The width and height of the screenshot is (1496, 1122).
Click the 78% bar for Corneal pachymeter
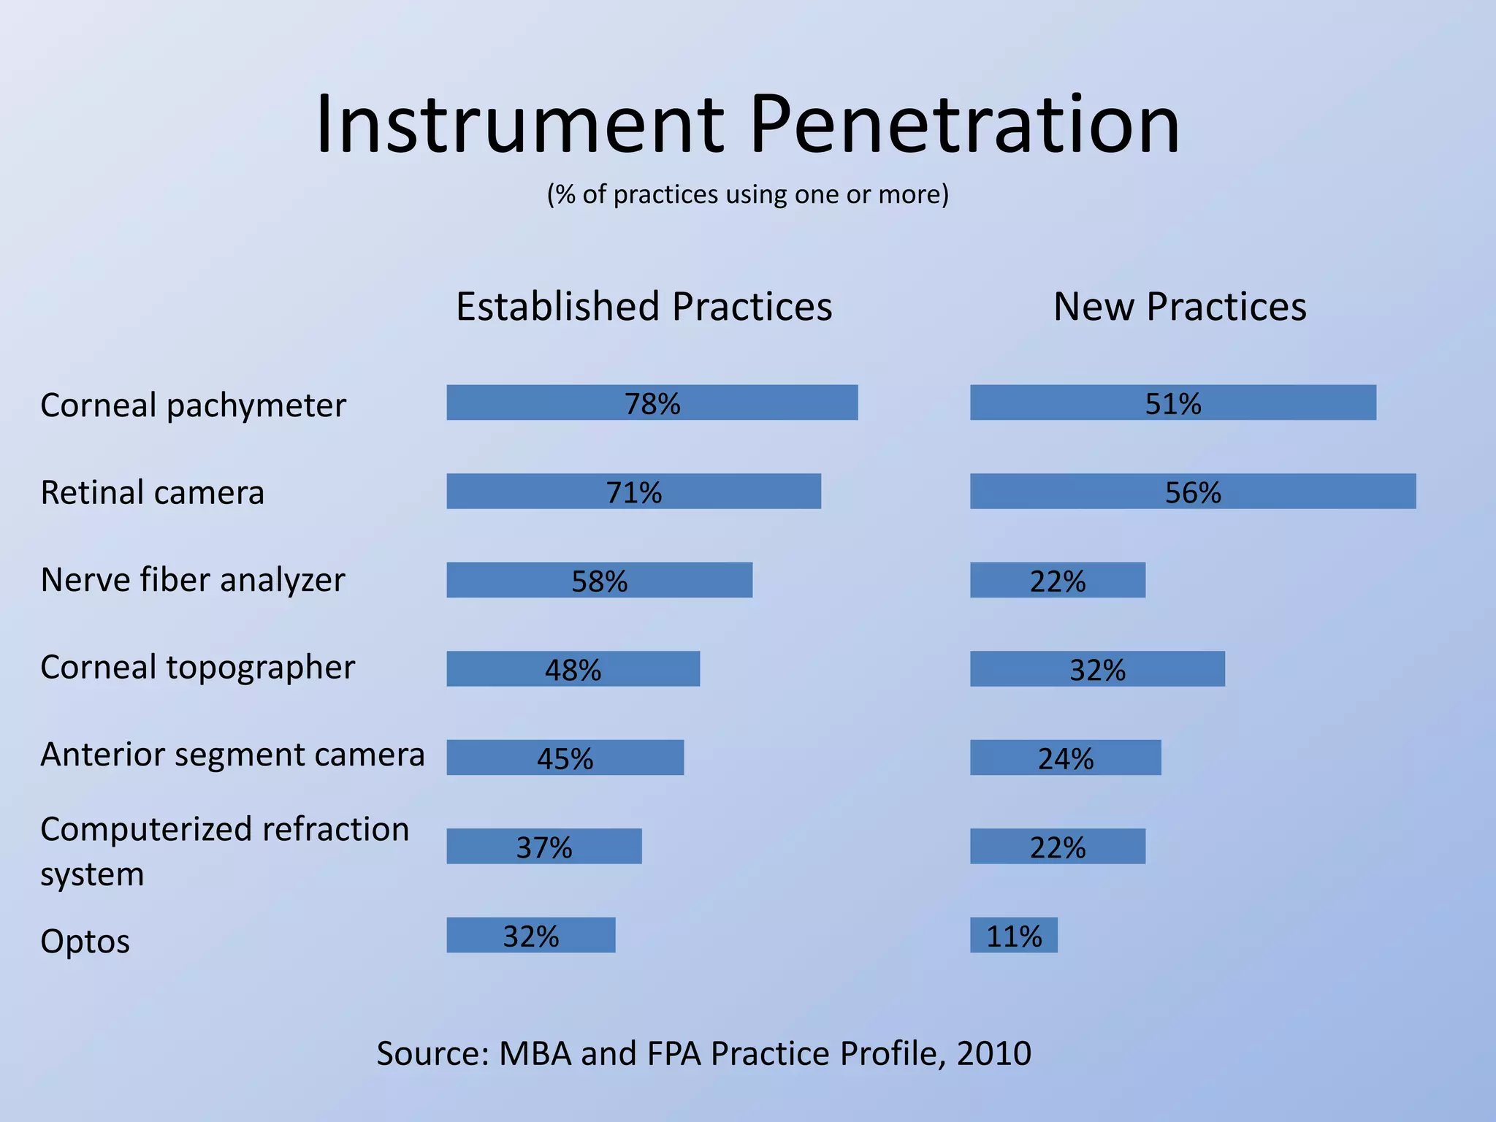(x=652, y=402)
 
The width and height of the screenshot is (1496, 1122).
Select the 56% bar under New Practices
(x=1192, y=492)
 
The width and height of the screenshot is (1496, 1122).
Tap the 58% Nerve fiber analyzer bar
(x=599, y=580)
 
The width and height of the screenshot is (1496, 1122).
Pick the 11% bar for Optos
(x=1013, y=935)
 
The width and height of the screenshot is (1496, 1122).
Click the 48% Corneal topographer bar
(x=573, y=669)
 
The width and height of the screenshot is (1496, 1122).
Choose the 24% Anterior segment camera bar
(x=1065, y=757)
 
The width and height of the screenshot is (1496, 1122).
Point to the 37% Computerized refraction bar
(x=543, y=847)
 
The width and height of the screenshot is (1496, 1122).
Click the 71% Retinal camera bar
(x=633, y=492)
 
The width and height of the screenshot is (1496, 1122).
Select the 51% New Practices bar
(x=1172, y=402)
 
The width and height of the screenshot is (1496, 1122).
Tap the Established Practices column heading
(x=644, y=306)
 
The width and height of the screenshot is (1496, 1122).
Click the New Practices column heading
(x=1179, y=306)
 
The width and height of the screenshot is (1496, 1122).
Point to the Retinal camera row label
(x=152, y=492)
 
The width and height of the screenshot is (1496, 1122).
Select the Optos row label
(x=85, y=941)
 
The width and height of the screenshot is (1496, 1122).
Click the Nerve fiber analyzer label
(x=192, y=580)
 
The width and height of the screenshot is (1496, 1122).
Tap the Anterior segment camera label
(x=232, y=755)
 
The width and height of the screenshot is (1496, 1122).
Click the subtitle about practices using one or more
(x=747, y=194)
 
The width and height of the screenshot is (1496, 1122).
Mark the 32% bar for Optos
(x=530, y=935)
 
